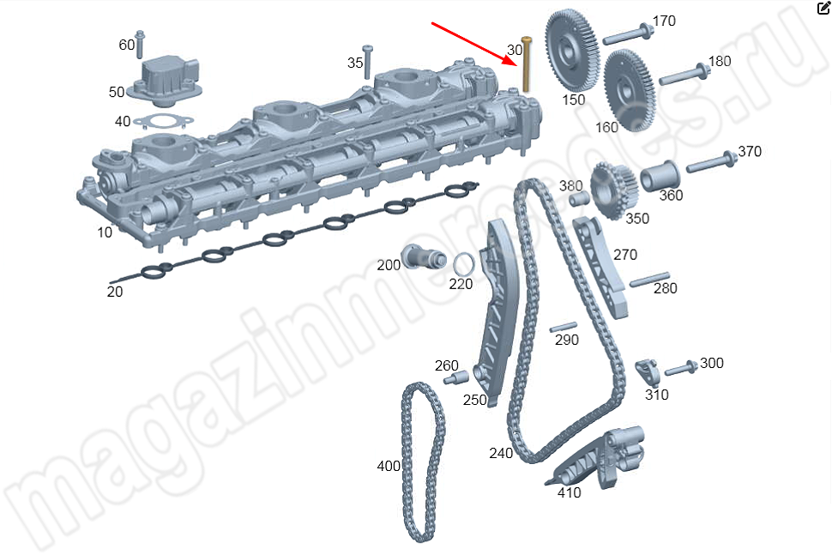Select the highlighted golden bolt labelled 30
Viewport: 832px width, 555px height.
pyautogui.click(x=526, y=65)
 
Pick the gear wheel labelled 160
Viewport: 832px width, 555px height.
pyautogui.click(x=630, y=89)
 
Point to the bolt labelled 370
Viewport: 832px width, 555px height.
pyautogui.click(x=708, y=161)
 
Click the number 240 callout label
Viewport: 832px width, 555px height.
pyautogui.click(x=501, y=452)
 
